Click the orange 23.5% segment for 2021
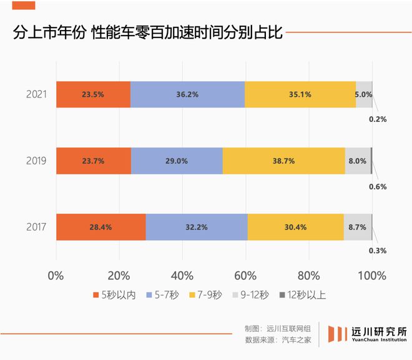[x=93, y=94]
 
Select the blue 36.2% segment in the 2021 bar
[x=187, y=94]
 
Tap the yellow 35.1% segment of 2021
[x=300, y=94]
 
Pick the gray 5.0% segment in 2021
[x=364, y=94]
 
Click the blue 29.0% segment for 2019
[x=177, y=161]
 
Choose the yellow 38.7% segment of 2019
[x=283, y=161]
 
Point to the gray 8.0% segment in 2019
[x=358, y=161]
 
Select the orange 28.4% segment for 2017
[x=101, y=227]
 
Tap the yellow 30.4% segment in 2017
[x=295, y=227]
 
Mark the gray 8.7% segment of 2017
[x=358, y=227]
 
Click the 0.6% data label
[x=378, y=186]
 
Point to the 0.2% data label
[x=378, y=119]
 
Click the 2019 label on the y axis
[x=36, y=161]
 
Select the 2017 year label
[x=36, y=227]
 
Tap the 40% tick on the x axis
[x=182, y=275]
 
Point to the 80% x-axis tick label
[x=309, y=275]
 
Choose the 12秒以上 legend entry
[x=301, y=295]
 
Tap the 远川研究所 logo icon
[x=337, y=335]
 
